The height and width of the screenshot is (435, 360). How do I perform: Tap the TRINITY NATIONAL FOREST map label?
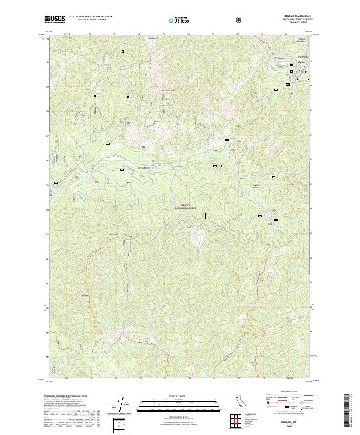click(x=187, y=205)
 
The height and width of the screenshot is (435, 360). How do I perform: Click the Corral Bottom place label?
click(x=145, y=167)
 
